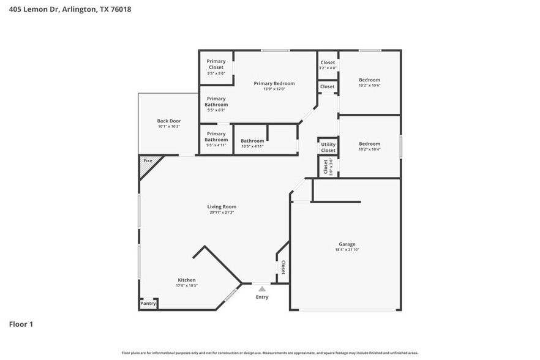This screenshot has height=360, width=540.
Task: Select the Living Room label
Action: (222, 207)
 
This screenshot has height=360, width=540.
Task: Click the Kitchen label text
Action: (187, 280)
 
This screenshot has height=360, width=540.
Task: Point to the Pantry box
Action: (148, 304)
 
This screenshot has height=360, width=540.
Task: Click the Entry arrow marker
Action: (261, 289)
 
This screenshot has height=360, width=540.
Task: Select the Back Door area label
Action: (169, 121)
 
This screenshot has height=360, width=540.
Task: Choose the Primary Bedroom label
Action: (274, 83)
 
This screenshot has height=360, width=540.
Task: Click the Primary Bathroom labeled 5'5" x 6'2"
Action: (216, 102)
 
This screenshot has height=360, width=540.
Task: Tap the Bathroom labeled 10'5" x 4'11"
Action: (252, 141)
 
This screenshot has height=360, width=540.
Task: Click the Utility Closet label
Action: (328, 147)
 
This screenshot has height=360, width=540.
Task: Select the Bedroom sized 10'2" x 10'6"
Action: (369, 80)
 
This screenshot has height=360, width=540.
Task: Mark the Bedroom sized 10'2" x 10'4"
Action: (369, 144)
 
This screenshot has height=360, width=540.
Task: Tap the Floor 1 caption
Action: (21, 324)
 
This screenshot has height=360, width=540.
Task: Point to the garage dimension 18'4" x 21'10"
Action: (347, 250)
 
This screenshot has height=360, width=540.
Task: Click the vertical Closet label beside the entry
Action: (283, 268)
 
